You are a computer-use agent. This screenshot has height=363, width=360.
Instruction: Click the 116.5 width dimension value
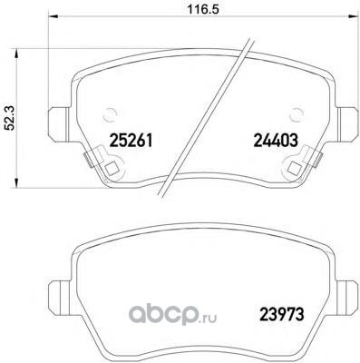pos(203,9)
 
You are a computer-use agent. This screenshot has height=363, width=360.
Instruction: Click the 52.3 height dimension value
pos(10,118)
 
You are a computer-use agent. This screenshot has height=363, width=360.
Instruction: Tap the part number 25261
pos(131,141)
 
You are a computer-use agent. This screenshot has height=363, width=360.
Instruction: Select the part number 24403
pos(276,141)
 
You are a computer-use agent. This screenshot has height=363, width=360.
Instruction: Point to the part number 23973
pos(281,315)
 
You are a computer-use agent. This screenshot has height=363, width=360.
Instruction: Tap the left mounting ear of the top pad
pos(59,125)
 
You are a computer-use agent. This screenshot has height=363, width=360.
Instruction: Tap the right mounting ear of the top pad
pos(347,124)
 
